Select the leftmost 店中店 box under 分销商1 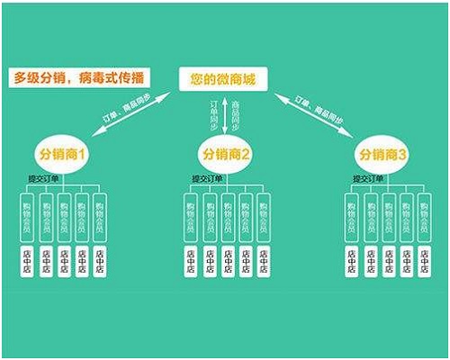[26, 261]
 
